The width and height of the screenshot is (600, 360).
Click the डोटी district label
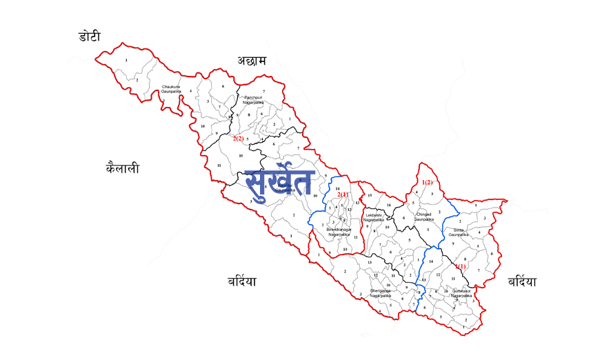click(x=90, y=36)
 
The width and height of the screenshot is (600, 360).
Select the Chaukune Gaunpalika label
click(x=171, y=89)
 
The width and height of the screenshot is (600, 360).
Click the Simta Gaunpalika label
click(x=463, y=232)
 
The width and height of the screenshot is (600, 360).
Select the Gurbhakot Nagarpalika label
click(x=461, y=292)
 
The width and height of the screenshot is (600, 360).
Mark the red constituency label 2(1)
click(x=345, y=195)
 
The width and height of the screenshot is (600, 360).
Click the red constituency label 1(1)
click(x=461, y=266)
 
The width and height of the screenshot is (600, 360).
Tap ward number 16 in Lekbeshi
click(x=388, y=206)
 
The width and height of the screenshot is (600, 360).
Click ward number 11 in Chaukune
click(x=218, y=166)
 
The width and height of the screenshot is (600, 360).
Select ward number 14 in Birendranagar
click(x=338, y=188)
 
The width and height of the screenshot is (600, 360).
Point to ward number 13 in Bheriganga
click(x=370, y=262)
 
